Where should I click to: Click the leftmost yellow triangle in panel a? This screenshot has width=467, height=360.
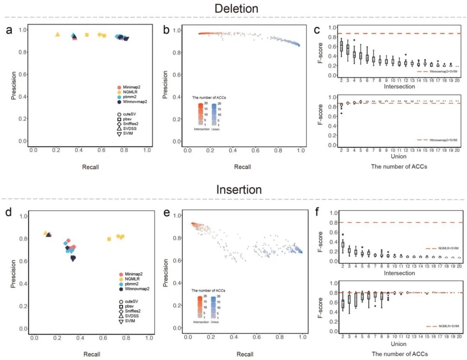tap(58, 34)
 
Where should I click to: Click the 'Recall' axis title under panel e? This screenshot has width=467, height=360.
tap(245, 354)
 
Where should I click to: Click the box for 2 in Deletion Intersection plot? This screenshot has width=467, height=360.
tap(341, 46)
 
